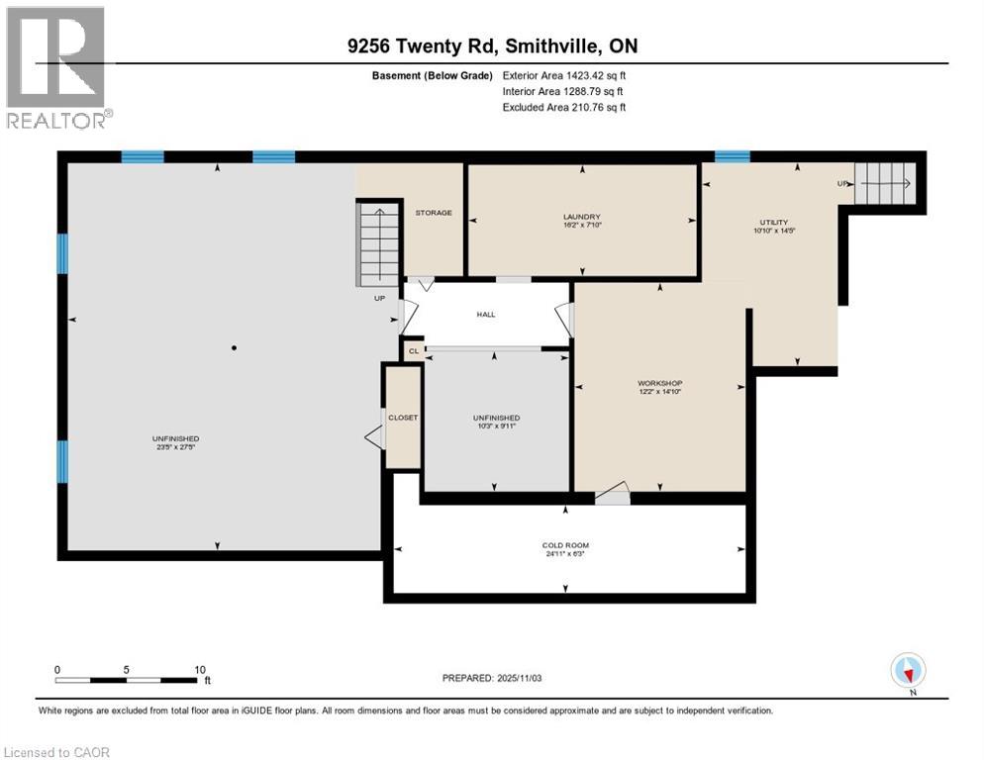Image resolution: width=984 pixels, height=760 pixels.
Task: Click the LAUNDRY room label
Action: point(582,217)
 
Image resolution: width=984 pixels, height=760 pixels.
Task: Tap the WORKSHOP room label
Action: point(660,383)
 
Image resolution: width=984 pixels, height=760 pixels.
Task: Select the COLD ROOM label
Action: point(565,545)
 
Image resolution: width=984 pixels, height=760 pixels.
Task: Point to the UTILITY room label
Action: point(774,222)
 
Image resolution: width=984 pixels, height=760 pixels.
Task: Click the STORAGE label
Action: point(434,213)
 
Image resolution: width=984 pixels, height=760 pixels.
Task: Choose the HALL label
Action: point(486,315)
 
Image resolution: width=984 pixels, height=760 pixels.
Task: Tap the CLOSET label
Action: point(403,418)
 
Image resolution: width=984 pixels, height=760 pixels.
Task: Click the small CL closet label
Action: point(414,351)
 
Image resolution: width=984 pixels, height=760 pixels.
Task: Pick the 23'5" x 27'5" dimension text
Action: point(175,447)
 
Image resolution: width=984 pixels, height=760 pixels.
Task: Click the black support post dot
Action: point(234,347)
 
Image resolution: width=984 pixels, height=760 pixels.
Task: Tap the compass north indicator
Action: point(908,672)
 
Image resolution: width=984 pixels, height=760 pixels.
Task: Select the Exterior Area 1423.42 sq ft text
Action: point(564,74)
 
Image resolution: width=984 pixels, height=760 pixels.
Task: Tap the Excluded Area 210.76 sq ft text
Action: point(564,107)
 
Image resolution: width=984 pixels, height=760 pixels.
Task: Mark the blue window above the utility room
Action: point(732,155)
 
